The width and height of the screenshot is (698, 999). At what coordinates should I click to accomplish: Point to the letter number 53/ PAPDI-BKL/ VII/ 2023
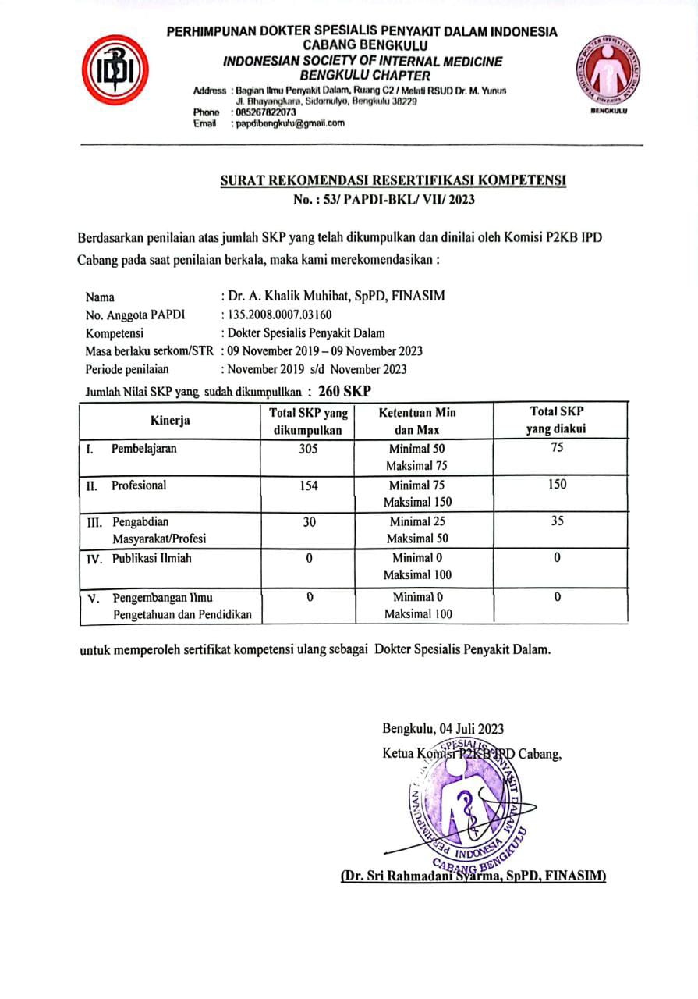pos(384,200)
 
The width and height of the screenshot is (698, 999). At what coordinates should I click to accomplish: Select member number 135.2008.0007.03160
pos(279,315)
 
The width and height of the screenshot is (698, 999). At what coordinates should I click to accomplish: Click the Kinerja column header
pos(170,421)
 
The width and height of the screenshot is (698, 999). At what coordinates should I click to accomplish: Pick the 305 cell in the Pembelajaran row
pos(308,449)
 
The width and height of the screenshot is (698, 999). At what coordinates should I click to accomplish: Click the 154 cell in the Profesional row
pos(308,485)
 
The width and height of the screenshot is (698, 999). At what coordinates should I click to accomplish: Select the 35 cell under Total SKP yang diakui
pos(558,521)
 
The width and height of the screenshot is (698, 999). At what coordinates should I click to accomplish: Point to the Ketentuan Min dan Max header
pos(417,421)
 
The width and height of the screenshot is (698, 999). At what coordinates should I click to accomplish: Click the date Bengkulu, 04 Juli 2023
pos(443,729)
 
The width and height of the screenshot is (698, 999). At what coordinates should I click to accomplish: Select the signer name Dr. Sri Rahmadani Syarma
pos(473,876)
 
